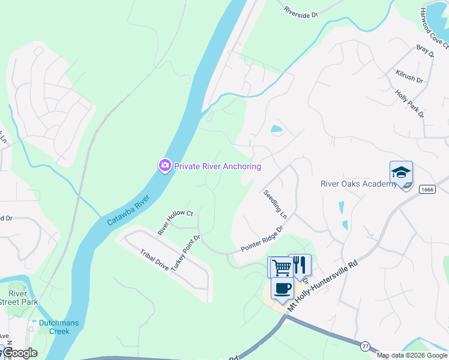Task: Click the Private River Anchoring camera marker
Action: [165, 166]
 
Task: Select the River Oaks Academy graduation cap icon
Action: [400, 173]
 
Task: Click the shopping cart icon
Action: [281, 266]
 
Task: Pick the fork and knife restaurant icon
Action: [300, 265]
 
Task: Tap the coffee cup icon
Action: [282, 288]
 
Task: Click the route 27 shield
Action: [365, 346]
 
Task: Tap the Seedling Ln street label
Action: [275, 204]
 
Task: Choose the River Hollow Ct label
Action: [175, 223]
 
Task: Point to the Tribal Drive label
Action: [154, 259]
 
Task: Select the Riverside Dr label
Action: [301, 12]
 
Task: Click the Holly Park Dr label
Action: [410, 104]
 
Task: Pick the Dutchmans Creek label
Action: [59, 327]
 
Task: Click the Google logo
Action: [20, 353]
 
